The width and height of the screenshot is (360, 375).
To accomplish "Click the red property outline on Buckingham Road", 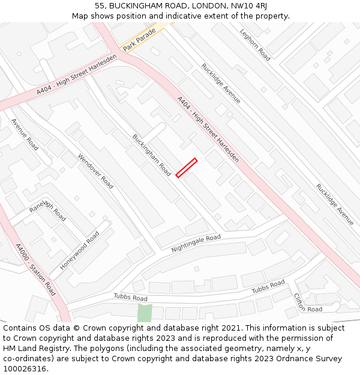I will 187,167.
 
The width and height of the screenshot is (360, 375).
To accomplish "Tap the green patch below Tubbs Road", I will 145,313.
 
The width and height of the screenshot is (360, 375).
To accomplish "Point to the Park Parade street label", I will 139,39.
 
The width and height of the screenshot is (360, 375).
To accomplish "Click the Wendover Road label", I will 95,171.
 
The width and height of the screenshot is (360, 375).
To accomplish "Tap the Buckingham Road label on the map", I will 152,155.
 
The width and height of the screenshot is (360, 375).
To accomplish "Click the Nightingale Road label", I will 196,243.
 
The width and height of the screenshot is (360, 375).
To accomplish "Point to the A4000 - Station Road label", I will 35,269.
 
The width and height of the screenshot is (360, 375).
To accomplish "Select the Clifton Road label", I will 308,303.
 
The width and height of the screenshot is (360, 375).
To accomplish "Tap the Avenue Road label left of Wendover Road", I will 25,134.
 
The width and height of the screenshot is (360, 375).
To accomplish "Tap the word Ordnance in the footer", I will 282,359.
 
